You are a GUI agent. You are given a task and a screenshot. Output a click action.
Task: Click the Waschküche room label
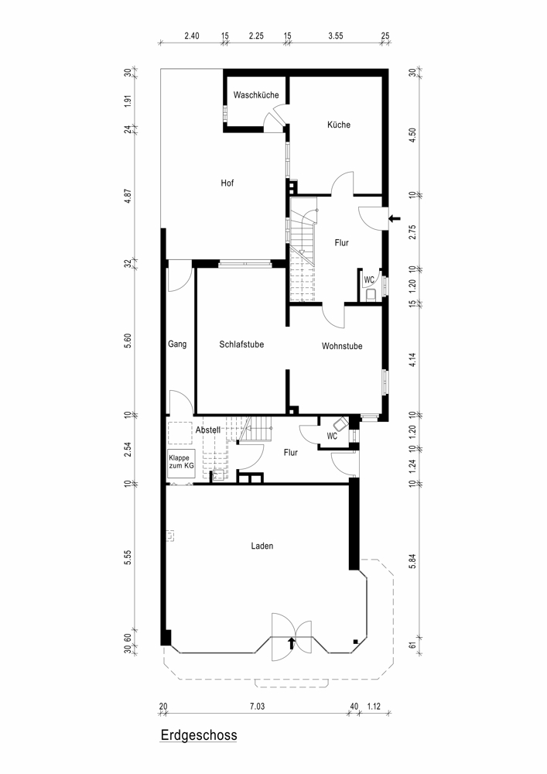click(x=256, y=94)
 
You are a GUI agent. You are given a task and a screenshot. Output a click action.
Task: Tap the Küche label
click(x=339, y=125)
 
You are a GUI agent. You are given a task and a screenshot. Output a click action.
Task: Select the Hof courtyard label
click(x=227, y=183)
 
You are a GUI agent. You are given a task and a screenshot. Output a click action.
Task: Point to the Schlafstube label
click(x=241, y=344)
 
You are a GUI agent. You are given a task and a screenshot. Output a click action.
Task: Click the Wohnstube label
click(x=342, y=346)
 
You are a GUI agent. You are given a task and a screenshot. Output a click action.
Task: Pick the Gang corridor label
click(x=177, y=344)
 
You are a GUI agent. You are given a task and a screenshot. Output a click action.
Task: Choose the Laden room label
click(x=262, y=546)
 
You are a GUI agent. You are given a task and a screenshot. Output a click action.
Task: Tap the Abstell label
click(x=207, y=430)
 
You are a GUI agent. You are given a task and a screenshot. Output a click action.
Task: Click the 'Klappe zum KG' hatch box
click(x=182, y=464)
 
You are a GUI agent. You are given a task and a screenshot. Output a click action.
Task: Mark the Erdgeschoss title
click(x=199, y=735)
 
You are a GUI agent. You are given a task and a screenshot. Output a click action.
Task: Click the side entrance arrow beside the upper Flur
click(x=395, y=219)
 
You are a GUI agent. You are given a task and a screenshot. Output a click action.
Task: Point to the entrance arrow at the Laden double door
click(x=291, y=642)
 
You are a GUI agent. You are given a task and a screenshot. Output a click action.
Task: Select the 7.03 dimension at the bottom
click(x=257, y=707)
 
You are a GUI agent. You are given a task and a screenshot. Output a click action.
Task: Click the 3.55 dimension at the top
click(x=336, y=36)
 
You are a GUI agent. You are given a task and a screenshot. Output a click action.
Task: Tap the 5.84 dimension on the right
click(x=413, y=561)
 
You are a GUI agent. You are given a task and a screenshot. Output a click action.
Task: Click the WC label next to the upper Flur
click(x=369, y=280)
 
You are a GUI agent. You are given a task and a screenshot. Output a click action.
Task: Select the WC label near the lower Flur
click(x=332, y=437)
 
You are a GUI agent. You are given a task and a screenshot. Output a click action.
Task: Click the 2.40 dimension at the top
click(x=192, y=36)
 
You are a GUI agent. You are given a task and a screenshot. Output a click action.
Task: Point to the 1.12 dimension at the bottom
click(x=374, y=707)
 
